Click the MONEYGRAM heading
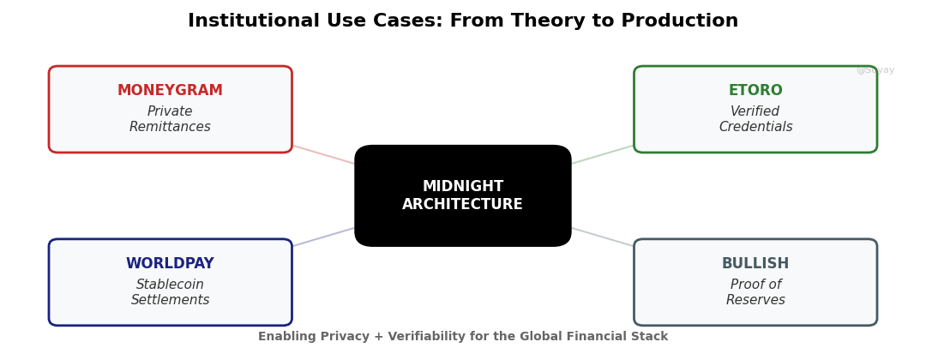[170, 91]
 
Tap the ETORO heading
[755, 91]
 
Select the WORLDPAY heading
[170, 264]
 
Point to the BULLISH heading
[755, 264]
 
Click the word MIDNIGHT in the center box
[463, 187]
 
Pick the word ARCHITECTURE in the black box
[463, 205]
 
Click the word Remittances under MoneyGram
[170, 128]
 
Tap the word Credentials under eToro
[755, 128]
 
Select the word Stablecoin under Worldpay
[170, 285]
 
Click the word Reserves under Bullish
[755, 301]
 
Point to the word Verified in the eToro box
[755, 112]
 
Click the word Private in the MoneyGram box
[170, 112]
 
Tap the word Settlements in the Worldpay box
[170, 301]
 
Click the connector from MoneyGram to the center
[323, 154]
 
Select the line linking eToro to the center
[603, 154]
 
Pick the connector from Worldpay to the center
[323, 237]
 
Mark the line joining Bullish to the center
[603, 237]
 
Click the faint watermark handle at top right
[875, 70]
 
